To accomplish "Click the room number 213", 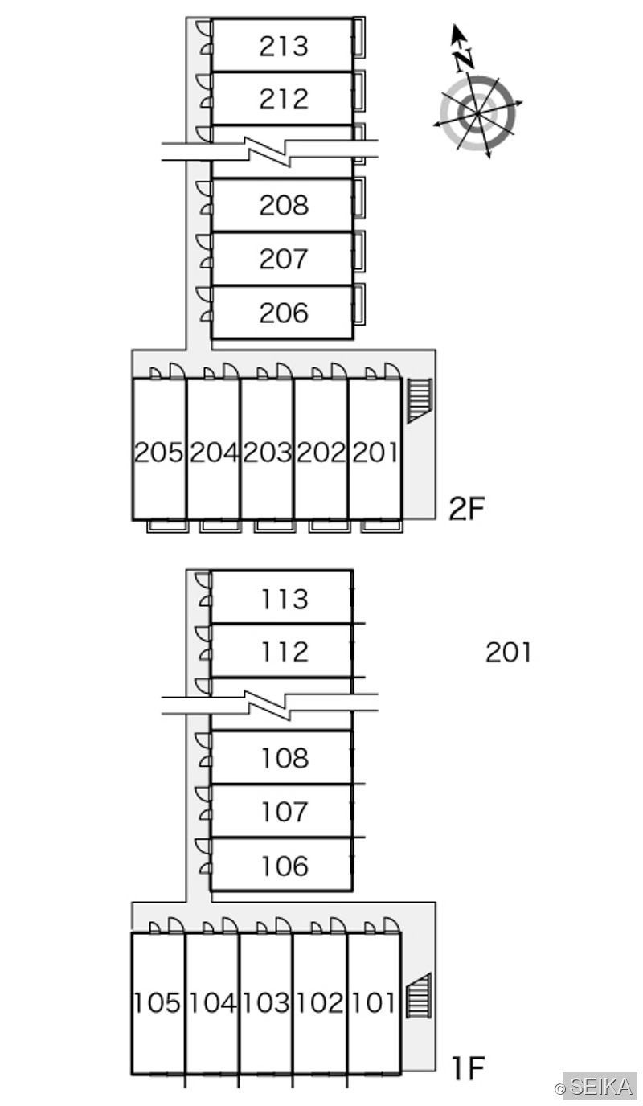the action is point(284,47).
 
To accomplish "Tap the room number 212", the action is point(284,98).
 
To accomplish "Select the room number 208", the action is point(284,205).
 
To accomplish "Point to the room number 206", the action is point(284,313).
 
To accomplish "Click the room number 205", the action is point(158,453).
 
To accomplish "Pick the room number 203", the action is point(267,453).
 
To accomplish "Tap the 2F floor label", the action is point(466,509).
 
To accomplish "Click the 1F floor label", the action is point(468,1068).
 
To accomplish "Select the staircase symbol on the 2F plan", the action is point(420,400).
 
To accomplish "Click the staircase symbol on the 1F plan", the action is point(419,994).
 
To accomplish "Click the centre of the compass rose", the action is point(478,114).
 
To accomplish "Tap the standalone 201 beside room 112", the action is point(508,652).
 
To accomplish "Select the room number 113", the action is point(285,599).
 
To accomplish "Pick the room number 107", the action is point(285,812).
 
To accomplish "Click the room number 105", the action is point(158,1003).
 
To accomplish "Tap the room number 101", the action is point(374,1003).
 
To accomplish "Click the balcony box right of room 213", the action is point(359,38).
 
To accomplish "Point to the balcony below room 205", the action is point(168,526).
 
